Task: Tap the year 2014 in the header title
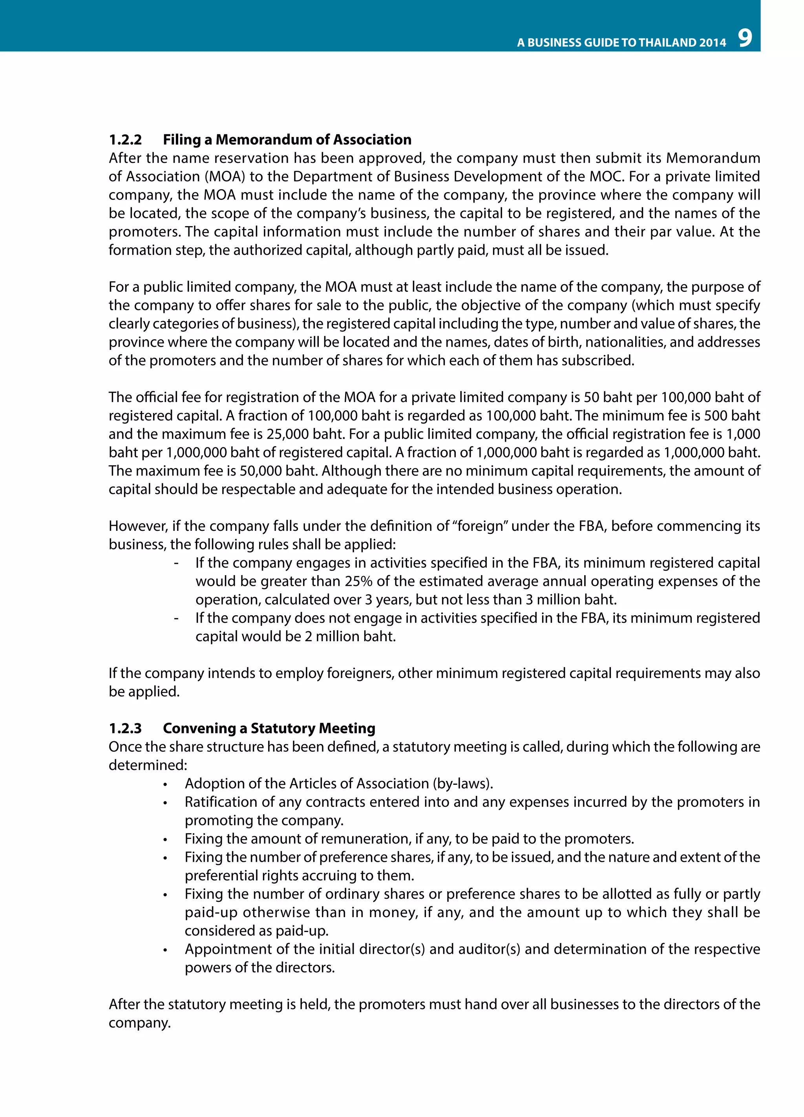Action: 713,43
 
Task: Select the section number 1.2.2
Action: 125,140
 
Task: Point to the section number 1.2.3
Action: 125,728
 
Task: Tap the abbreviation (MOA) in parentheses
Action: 228,177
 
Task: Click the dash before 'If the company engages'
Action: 176,563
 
